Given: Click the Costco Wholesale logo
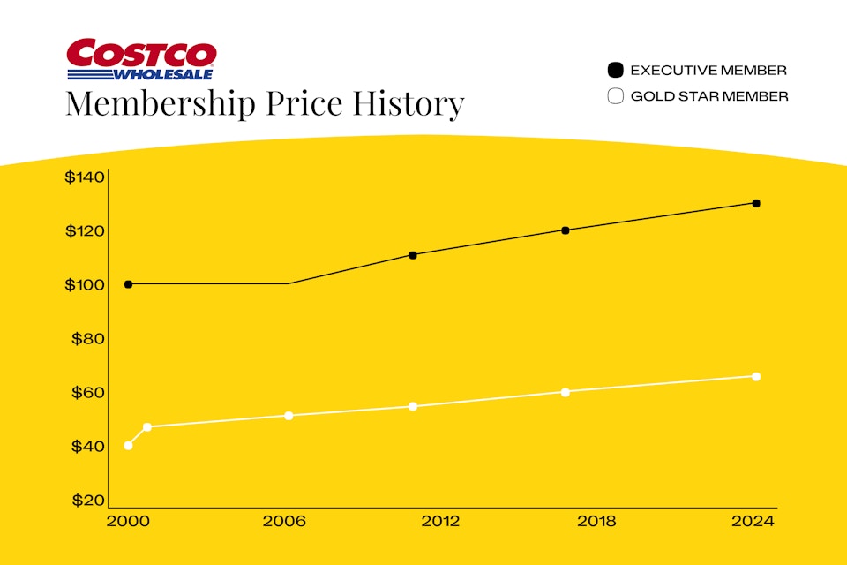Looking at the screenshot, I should (141, 59).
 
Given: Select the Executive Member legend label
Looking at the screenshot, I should (708, 70).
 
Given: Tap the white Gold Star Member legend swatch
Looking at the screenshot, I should (616, 96).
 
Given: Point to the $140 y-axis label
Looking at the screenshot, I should (85, 177).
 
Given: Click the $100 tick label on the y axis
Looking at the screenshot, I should (85, 285).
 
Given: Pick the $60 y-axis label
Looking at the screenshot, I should (88, 393).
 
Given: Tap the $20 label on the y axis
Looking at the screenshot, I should (88, 501).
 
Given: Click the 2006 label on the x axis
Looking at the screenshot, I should (284, 522).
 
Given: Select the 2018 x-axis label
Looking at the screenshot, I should (596, 522).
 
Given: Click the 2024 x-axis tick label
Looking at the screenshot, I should (753, 522).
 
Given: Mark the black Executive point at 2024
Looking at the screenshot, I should (756, 203).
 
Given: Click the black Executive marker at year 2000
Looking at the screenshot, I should (129, 284).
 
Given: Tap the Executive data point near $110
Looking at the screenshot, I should (413, 255).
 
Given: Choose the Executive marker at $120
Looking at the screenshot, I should (566, 230).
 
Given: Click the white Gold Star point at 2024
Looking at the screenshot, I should (756, 376).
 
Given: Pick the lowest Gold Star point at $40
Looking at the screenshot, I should (129, 445).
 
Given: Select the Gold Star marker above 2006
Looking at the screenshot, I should (289, 415).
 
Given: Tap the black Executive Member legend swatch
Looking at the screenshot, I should (616, 70).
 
